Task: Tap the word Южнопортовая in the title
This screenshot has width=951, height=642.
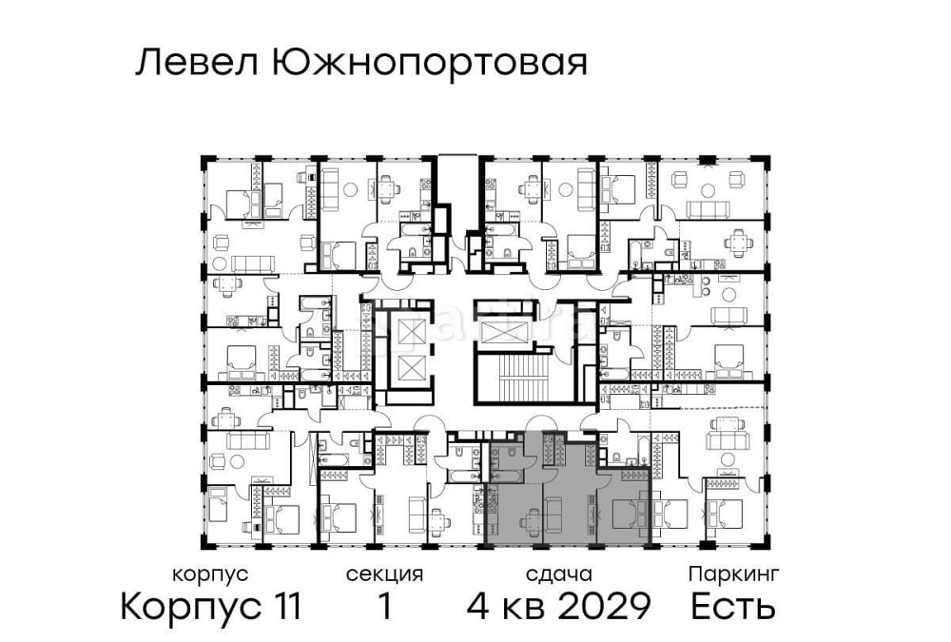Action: (x=429, y=65)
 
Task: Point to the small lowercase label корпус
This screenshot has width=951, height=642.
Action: (x=210, y=574)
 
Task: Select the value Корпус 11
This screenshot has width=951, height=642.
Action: (x=210, y=606)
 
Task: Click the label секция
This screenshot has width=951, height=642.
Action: (x=384, y=574)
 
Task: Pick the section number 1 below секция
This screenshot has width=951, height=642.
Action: (x=384, y=606)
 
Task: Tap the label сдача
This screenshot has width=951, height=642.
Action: (x=558, y=574)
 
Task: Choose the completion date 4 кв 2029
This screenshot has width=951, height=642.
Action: (x=558, y=606)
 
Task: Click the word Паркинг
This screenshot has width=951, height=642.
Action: (x=733, y=574)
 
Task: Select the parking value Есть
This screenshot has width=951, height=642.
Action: (x=733, y=606)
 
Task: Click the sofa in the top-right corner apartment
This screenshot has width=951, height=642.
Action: (x=713, y=208)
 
